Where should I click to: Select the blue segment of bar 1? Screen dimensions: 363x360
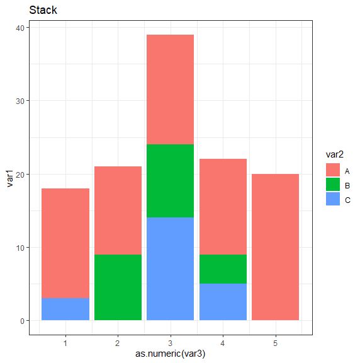65,309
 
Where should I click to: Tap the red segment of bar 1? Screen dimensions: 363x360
65,243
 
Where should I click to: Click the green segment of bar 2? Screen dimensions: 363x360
118,287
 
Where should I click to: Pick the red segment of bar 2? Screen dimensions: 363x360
118,210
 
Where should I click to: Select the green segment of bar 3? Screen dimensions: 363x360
170,181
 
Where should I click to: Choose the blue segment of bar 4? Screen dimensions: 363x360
223,302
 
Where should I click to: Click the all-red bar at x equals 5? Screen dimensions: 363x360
275,247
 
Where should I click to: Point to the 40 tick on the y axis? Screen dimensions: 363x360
20,28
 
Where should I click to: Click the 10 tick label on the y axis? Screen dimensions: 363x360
20,248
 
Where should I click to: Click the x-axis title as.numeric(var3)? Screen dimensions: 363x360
171,354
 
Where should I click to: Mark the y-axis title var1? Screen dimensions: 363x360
9,174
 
